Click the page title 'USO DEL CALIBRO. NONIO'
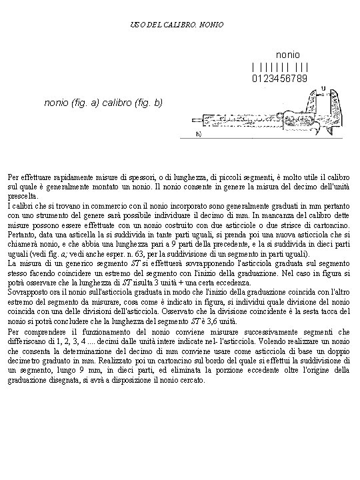[181, 25]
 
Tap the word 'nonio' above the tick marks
[287, 52]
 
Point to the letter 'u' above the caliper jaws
[323, 87]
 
